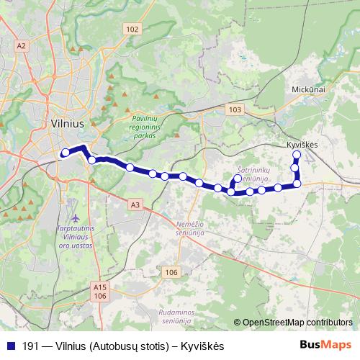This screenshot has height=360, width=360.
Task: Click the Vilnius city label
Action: (68, 123)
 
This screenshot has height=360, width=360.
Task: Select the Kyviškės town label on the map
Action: (302, 145)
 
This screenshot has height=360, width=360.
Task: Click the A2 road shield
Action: (22, 46)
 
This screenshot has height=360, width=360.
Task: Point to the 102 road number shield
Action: (131, 29)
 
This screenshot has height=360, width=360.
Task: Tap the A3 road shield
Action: (135, 205)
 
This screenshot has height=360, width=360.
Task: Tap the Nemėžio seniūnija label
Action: (192, 229)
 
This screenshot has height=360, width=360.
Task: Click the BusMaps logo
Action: (326, 346)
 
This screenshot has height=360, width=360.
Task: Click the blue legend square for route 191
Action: (11, 346)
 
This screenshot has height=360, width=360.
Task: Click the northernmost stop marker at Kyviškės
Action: (296, 154)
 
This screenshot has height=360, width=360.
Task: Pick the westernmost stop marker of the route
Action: (65, 152)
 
